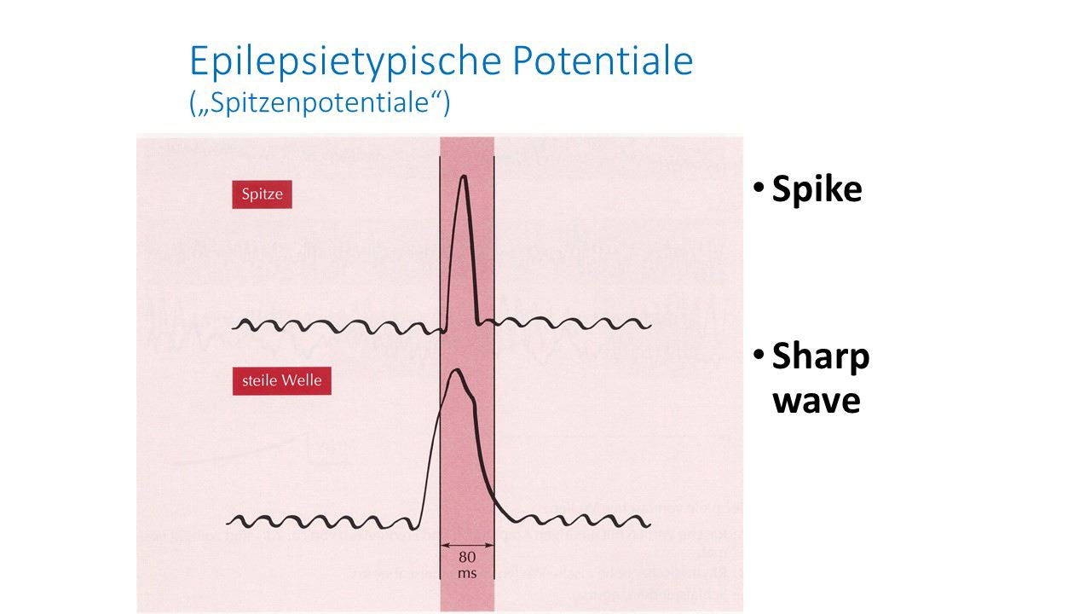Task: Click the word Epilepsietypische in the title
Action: pyautogui.click(x=345, y=62)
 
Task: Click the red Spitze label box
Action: pyautogui.click(x=262, y=194)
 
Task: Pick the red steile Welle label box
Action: pyautogui.click(x=281, y=380)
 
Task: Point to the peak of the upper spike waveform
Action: pyautogui.click(x=464, y=176)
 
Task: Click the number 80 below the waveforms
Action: pyautogui.click(x=467, y=557)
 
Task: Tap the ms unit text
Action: pyautogui.click(x=467, y=574)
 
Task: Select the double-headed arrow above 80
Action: pyautogui.click(x=467, y=545)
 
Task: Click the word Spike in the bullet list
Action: pyautogui.click(x=817, y=190)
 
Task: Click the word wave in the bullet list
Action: pyautogui.click(x=817, y=402)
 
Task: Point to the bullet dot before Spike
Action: pyautogui.click(x=759, y=187)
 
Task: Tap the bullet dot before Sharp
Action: pyautogui.click(x=759, y=354)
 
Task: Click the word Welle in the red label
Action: pyautogui.click(x=302, y=380)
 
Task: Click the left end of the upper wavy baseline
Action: pyautogui.click(x=233, y=328)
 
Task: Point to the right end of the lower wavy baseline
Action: pyautogui.click(x=649, y=524)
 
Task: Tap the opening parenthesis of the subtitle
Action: pyautogui.click(x=193, y=103)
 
